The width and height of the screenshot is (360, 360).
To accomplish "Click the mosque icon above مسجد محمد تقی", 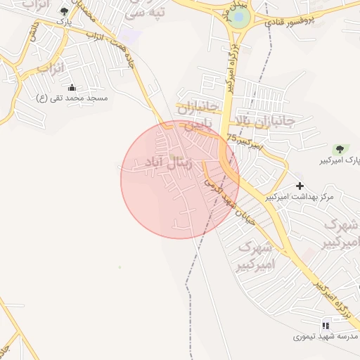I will tap(72, 87).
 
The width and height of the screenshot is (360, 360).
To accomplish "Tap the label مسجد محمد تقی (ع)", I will tap(72, 98).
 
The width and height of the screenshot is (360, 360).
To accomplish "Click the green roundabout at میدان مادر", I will tap(240, 18).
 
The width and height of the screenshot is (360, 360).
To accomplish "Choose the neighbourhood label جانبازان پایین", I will tap(195, 117).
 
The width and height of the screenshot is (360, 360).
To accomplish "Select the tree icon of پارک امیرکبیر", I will tap(340, 149).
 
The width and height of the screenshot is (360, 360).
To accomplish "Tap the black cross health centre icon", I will tap(300, 186).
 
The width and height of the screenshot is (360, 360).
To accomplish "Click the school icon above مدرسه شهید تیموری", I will tap(325, 326).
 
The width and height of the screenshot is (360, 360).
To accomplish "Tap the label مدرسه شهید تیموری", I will tap(326, 337).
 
